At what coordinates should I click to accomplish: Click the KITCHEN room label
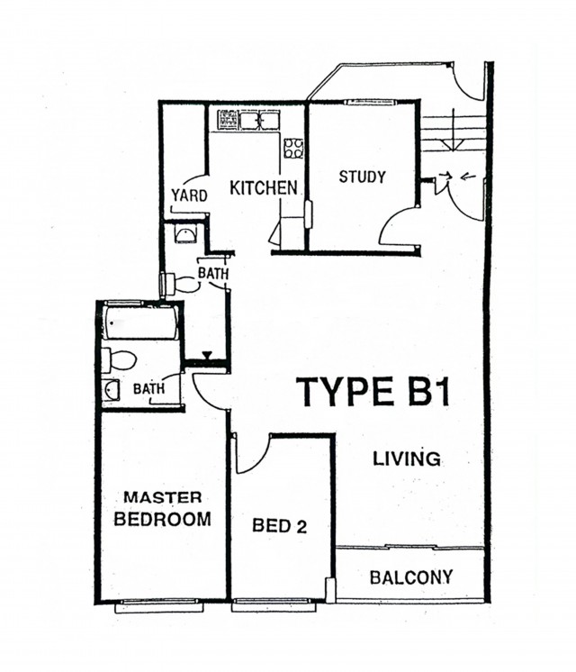[x=264, y=188]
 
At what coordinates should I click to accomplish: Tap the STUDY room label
[x=362, y=177]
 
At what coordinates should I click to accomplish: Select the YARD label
[x=189, y=195]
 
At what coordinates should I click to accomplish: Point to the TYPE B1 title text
[x=373, y=391]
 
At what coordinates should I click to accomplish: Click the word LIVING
[x=407, y=459]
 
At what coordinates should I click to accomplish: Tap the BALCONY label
[x=411, y=577]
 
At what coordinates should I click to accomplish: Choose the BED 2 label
[x=280, y=525]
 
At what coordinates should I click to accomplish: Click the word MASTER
[x=163, y=497]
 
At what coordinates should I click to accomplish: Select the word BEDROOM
[x=162, y=519]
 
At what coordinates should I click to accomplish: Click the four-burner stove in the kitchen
[x=293, y=149]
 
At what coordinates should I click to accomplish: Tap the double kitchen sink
[x=259, y=120]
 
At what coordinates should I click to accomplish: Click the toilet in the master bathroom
[x=119, y=360]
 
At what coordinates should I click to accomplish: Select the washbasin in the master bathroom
[x=112, y=389]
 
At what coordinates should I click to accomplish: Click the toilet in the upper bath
[x=180, y=284]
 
